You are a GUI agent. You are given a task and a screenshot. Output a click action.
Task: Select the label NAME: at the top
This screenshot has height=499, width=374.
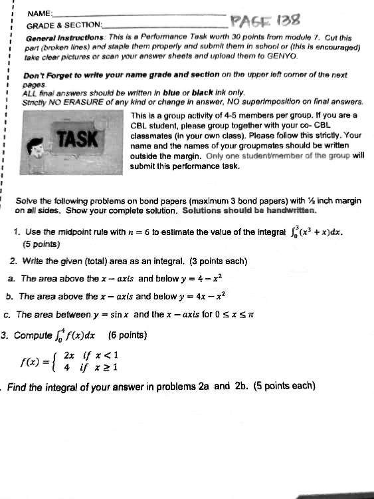(x=40, y=13)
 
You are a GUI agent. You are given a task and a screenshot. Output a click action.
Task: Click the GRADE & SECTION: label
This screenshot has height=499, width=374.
(x=64, y=25)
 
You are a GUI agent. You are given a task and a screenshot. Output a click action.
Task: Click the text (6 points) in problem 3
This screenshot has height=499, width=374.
(x=128, y=335)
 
